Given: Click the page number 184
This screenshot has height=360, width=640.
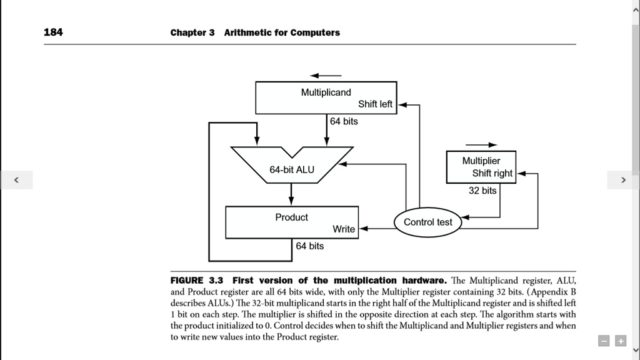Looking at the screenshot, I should click(53, 32).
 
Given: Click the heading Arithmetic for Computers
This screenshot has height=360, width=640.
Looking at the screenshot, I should click(282, 32).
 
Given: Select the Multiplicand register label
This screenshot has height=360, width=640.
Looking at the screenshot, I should click(326, 92).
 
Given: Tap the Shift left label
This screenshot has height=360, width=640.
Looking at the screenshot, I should click(375, 104).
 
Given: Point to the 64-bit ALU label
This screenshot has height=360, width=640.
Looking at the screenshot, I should click(292, 169).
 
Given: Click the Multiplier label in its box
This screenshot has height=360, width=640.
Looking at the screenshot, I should click(481, 161).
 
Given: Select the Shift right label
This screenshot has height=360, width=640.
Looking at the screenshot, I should click(492, 173).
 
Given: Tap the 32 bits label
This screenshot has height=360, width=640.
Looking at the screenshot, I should click(482, 191).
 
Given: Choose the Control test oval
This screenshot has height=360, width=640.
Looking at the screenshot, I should click(428, 222).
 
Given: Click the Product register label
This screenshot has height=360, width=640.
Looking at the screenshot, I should click(291, 217).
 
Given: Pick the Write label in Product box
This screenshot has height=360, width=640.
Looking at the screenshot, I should click(344, 229).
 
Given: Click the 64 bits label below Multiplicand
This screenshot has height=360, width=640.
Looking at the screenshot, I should click(344, 121).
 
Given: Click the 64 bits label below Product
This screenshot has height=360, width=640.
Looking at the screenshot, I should click(310, 246).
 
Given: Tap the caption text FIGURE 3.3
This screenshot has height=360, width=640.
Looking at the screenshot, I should click(196, 280).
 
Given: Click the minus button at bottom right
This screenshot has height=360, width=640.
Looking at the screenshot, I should click(604, 341).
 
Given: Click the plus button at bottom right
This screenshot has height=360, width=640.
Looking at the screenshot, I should click(620, 341).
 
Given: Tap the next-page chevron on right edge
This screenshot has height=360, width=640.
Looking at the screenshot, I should click(623, 180).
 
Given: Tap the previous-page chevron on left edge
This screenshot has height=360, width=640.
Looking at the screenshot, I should click(16, 180).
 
